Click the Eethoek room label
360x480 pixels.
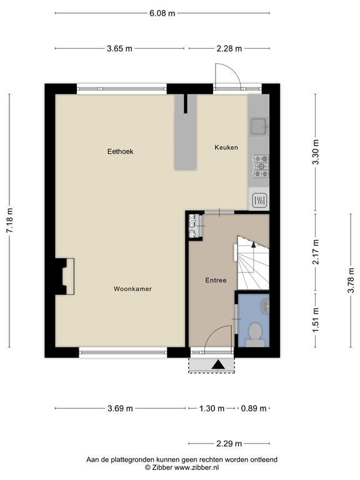(x=120, y=151)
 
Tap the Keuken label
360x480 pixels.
(x=226, y=147)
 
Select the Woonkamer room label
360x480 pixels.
(x=132, y=289)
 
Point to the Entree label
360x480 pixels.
(x=216, y=281)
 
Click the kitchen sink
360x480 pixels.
(x=259, y=126)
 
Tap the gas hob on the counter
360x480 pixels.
(x=261, y=166)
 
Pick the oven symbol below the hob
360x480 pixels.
(x=259, y=201)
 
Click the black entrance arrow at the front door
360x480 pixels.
(x=218, y=364)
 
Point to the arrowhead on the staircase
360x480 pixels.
(x=254, y=244)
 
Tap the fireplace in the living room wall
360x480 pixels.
(x=64, y=276)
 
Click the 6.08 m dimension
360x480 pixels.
(x=162, y=14)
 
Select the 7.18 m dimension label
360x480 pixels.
(x=9, y=221)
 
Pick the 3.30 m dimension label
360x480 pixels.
(x=316, y=152)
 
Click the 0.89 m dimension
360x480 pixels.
(x=254, y=408)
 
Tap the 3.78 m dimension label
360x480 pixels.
(x=351, y=281)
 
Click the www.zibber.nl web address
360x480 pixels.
(x=196, y=467)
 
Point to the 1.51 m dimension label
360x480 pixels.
(x=316, y=320)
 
